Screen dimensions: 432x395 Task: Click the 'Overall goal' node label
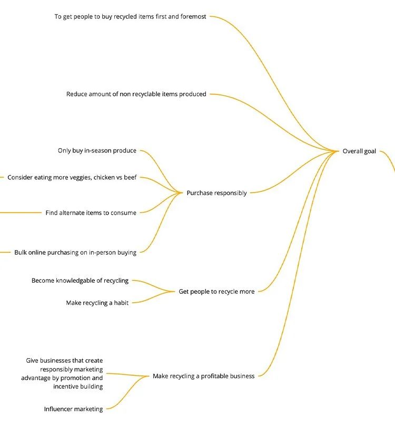tap(359, 151)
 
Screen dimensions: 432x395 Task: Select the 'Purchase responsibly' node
tap(216, 193)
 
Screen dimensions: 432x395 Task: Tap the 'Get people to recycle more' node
tap(216, 292)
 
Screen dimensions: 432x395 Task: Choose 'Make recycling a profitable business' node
tap(203, 376)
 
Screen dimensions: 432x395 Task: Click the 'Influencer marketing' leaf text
tap(73, 409)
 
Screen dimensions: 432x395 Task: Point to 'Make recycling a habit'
tap(97, 303)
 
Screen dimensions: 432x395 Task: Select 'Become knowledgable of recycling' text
tap(80, 281)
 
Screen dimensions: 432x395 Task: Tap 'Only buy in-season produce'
tap(97, 151)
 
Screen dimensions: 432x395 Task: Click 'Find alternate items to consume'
tap(91, 213)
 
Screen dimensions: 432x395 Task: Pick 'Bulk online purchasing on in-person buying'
tap(75, 253)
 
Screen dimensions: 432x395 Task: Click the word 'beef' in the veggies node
tap(130, 178)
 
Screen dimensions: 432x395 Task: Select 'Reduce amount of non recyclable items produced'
tap(136, 94)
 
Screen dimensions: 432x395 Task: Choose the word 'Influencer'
tap(59, 409)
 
